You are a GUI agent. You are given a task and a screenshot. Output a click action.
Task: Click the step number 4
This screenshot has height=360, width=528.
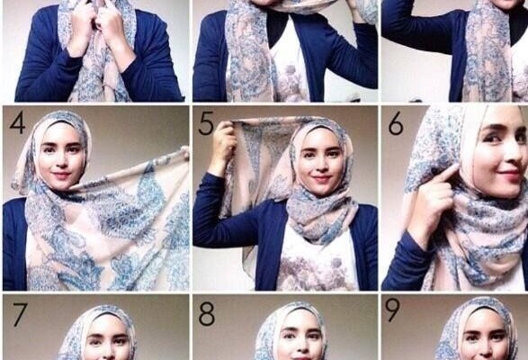(x=17, y=123)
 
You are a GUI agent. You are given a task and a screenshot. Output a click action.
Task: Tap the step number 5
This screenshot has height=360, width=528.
(x=206, y=123)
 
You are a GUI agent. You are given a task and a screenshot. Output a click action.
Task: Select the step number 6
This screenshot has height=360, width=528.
(x=396, y=123)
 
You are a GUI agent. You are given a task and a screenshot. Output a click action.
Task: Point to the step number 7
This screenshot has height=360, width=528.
(x=20, y=314)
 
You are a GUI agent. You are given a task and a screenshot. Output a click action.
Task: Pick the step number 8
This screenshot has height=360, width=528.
(x=206, y=314)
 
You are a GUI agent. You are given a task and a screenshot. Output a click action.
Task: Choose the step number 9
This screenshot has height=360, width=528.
(x=392, y=310)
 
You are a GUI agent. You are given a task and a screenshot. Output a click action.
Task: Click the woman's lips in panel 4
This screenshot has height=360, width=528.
(x=62, y=175)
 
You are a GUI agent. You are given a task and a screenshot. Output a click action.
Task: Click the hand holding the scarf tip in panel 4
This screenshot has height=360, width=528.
(x=184, y=152)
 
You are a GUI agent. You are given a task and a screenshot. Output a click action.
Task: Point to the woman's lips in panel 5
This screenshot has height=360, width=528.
(x=321, y=178)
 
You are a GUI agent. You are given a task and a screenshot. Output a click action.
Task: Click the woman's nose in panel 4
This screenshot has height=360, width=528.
(x=60, y=160)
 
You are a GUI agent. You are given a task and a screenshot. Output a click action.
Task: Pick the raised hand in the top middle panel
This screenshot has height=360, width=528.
(x=359, y=9)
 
